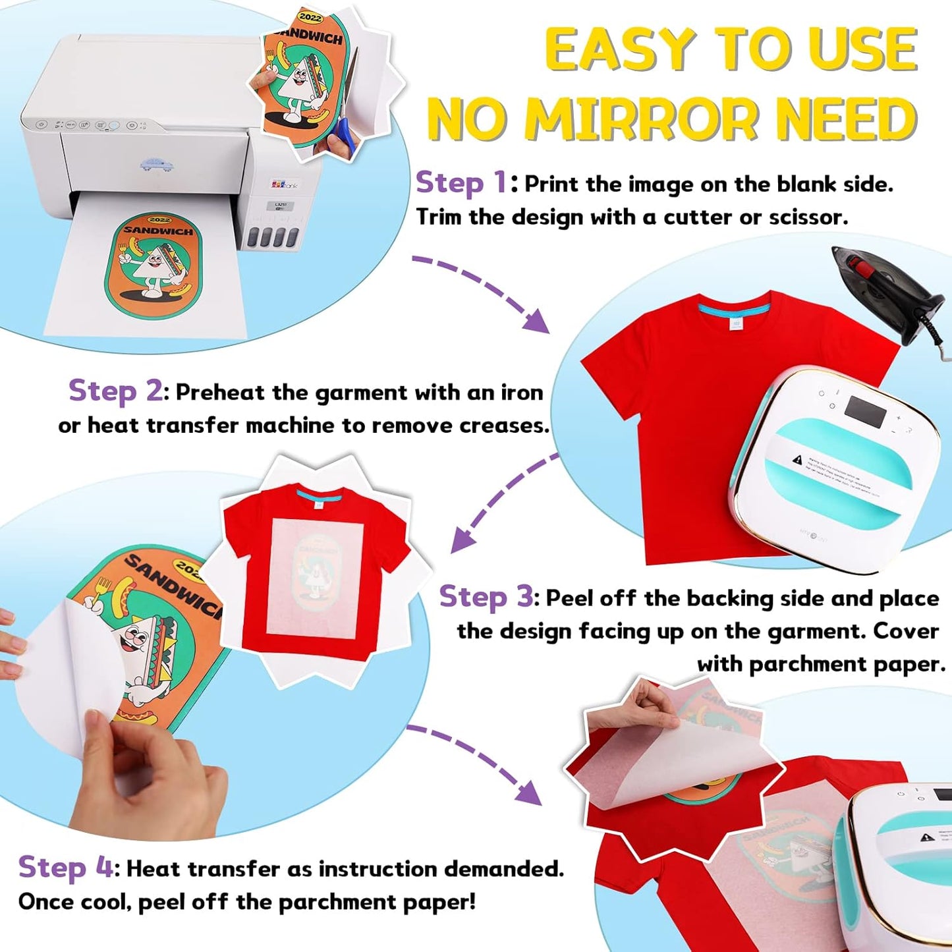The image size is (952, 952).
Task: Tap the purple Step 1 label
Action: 461,183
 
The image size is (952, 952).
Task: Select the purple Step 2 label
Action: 115,391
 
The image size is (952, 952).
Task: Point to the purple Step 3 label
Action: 486,597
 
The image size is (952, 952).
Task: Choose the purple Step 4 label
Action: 65,868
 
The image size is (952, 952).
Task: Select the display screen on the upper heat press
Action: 865,410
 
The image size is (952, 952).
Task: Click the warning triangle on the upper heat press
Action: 798,459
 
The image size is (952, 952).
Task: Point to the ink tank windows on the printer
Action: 277,237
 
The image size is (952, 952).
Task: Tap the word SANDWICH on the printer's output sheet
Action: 158,231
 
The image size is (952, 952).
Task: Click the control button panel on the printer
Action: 86,125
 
